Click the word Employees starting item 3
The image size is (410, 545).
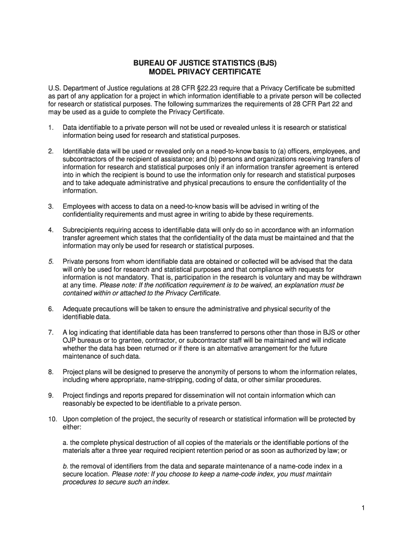pos(79,207)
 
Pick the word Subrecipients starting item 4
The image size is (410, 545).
pos(84,230)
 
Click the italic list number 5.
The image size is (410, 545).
pos(51,261)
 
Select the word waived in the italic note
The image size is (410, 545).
pos(259,285)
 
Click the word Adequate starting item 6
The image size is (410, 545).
pos(78,309)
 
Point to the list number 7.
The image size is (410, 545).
pos(51,332)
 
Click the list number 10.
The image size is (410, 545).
pos(52,419)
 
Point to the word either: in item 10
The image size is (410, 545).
pos(72,427)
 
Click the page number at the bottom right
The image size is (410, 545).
pos(362,508)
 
